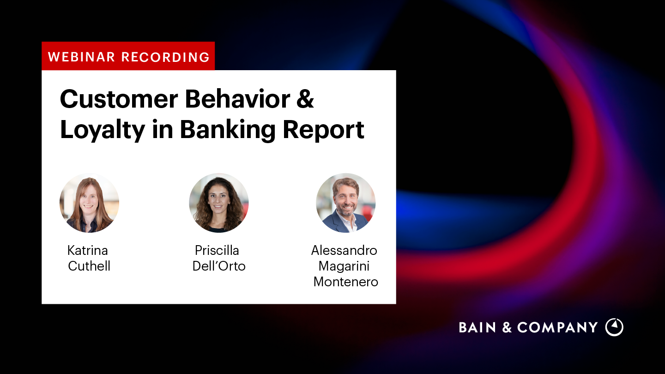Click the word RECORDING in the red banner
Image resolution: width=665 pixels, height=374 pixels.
pos(165,57)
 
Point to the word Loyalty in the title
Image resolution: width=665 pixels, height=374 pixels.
pos(102,130)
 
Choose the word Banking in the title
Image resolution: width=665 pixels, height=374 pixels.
pos(228,130)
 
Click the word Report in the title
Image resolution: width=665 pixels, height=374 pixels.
pos(323,130)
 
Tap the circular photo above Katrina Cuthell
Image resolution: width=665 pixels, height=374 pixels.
pos(90,203)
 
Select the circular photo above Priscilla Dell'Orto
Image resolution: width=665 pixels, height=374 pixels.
pos(219,203)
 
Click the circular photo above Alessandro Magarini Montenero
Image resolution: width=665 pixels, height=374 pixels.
pos(346,203)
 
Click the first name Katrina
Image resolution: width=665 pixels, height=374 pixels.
pos(88,251)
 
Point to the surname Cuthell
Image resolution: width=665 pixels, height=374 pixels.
pos(89,266)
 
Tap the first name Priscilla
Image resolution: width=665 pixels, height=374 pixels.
pos(217,251)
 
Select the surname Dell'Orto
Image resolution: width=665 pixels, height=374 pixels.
pos(219,266)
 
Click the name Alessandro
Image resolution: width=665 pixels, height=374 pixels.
pos(344,251)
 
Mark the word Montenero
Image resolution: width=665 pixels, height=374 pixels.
pos(346,282)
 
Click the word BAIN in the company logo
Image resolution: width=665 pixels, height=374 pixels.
pos(478,328)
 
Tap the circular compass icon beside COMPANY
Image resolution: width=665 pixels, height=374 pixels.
pos(614,327)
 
